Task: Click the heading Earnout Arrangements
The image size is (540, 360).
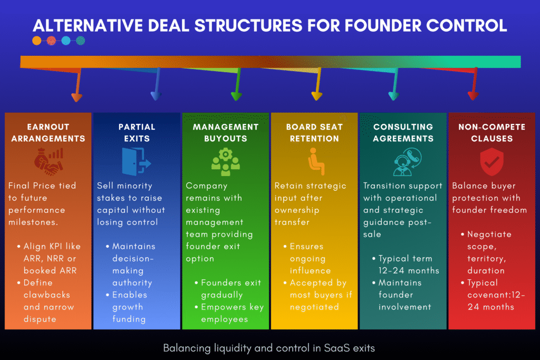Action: (x=49, y=133)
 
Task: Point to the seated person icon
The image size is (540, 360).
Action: (x=315, y=161)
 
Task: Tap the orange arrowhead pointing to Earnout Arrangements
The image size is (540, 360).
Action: (x=76, y=96)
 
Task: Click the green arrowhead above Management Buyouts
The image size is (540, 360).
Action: (x=236, y=96)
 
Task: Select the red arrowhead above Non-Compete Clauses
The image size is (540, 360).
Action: (x=473, y=95)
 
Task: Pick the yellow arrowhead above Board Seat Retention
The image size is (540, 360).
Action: (x=316, y=96)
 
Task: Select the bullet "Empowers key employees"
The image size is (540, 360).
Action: (x=232, y=313)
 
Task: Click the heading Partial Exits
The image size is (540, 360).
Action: (x=137, y=133)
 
